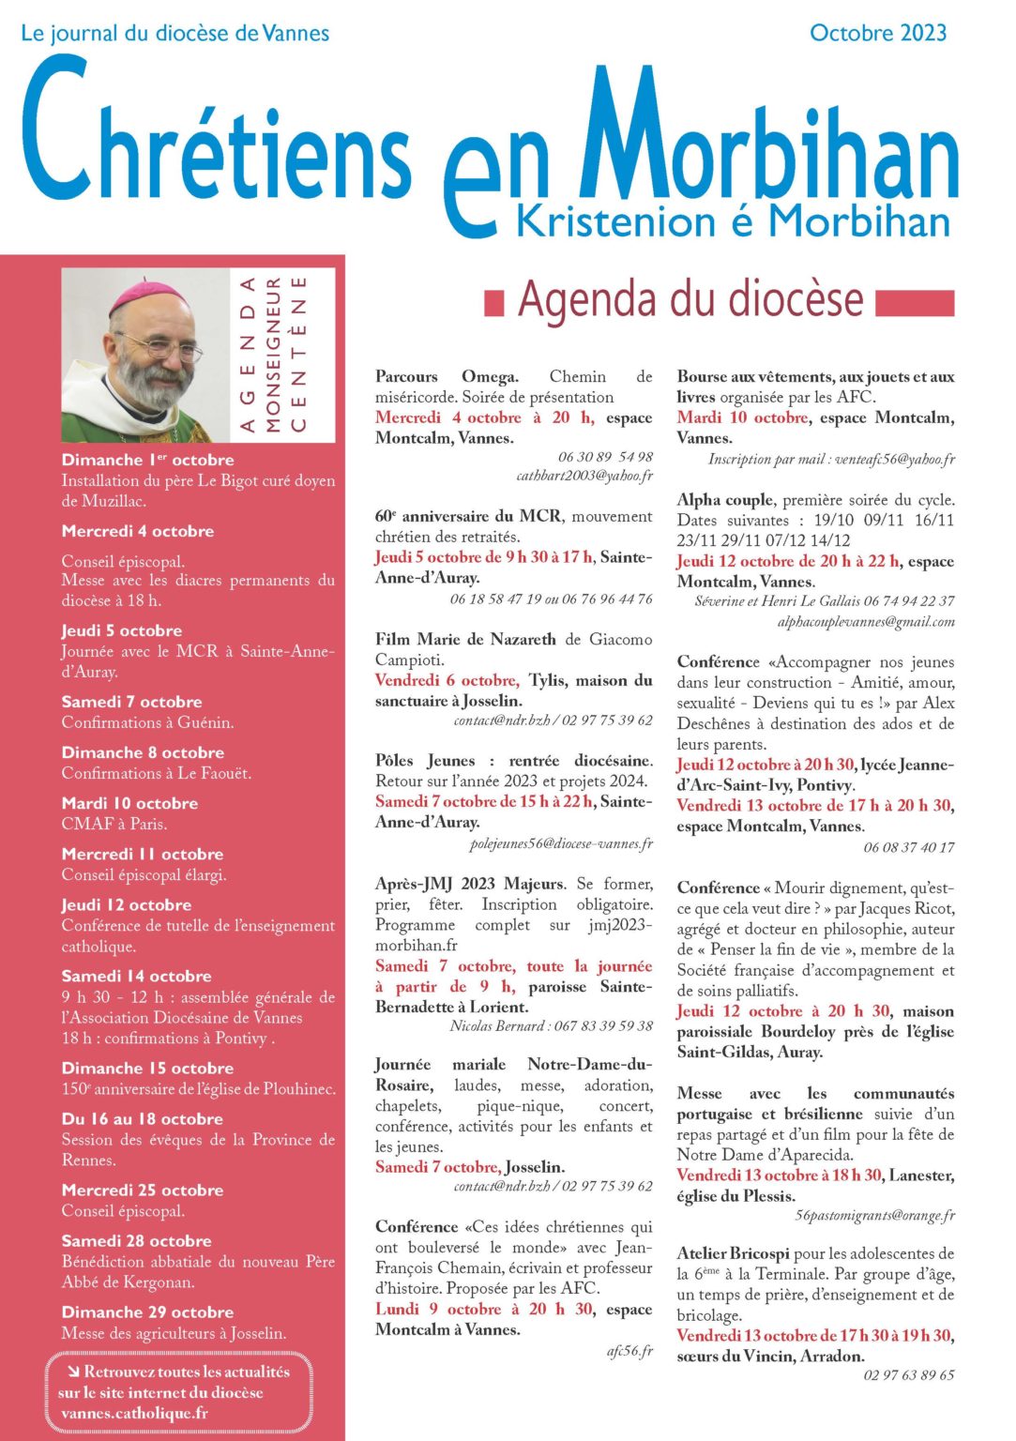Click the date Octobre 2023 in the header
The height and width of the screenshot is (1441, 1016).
pos(877,33)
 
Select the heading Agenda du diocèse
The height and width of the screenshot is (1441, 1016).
pos(690,300)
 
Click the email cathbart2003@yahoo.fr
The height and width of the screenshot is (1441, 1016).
pos(584,476)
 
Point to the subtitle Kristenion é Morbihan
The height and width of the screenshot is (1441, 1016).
pos(733,221)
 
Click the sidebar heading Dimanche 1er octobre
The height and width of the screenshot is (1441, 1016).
pos(147,460)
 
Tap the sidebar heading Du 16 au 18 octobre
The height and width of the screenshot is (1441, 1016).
pos(142,1118)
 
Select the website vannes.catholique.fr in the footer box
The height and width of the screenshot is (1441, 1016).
pos(133,1413)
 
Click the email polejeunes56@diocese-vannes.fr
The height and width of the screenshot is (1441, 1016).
pos(561,843)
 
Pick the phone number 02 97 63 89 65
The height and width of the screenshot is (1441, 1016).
pos(908,1375)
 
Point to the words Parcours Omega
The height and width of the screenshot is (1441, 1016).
pos(447,376)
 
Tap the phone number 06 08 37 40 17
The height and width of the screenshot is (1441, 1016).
pos(908,847)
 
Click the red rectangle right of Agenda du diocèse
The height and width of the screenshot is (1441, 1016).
pos(914,303)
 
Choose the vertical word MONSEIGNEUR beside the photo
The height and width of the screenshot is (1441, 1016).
pos(273,355)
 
